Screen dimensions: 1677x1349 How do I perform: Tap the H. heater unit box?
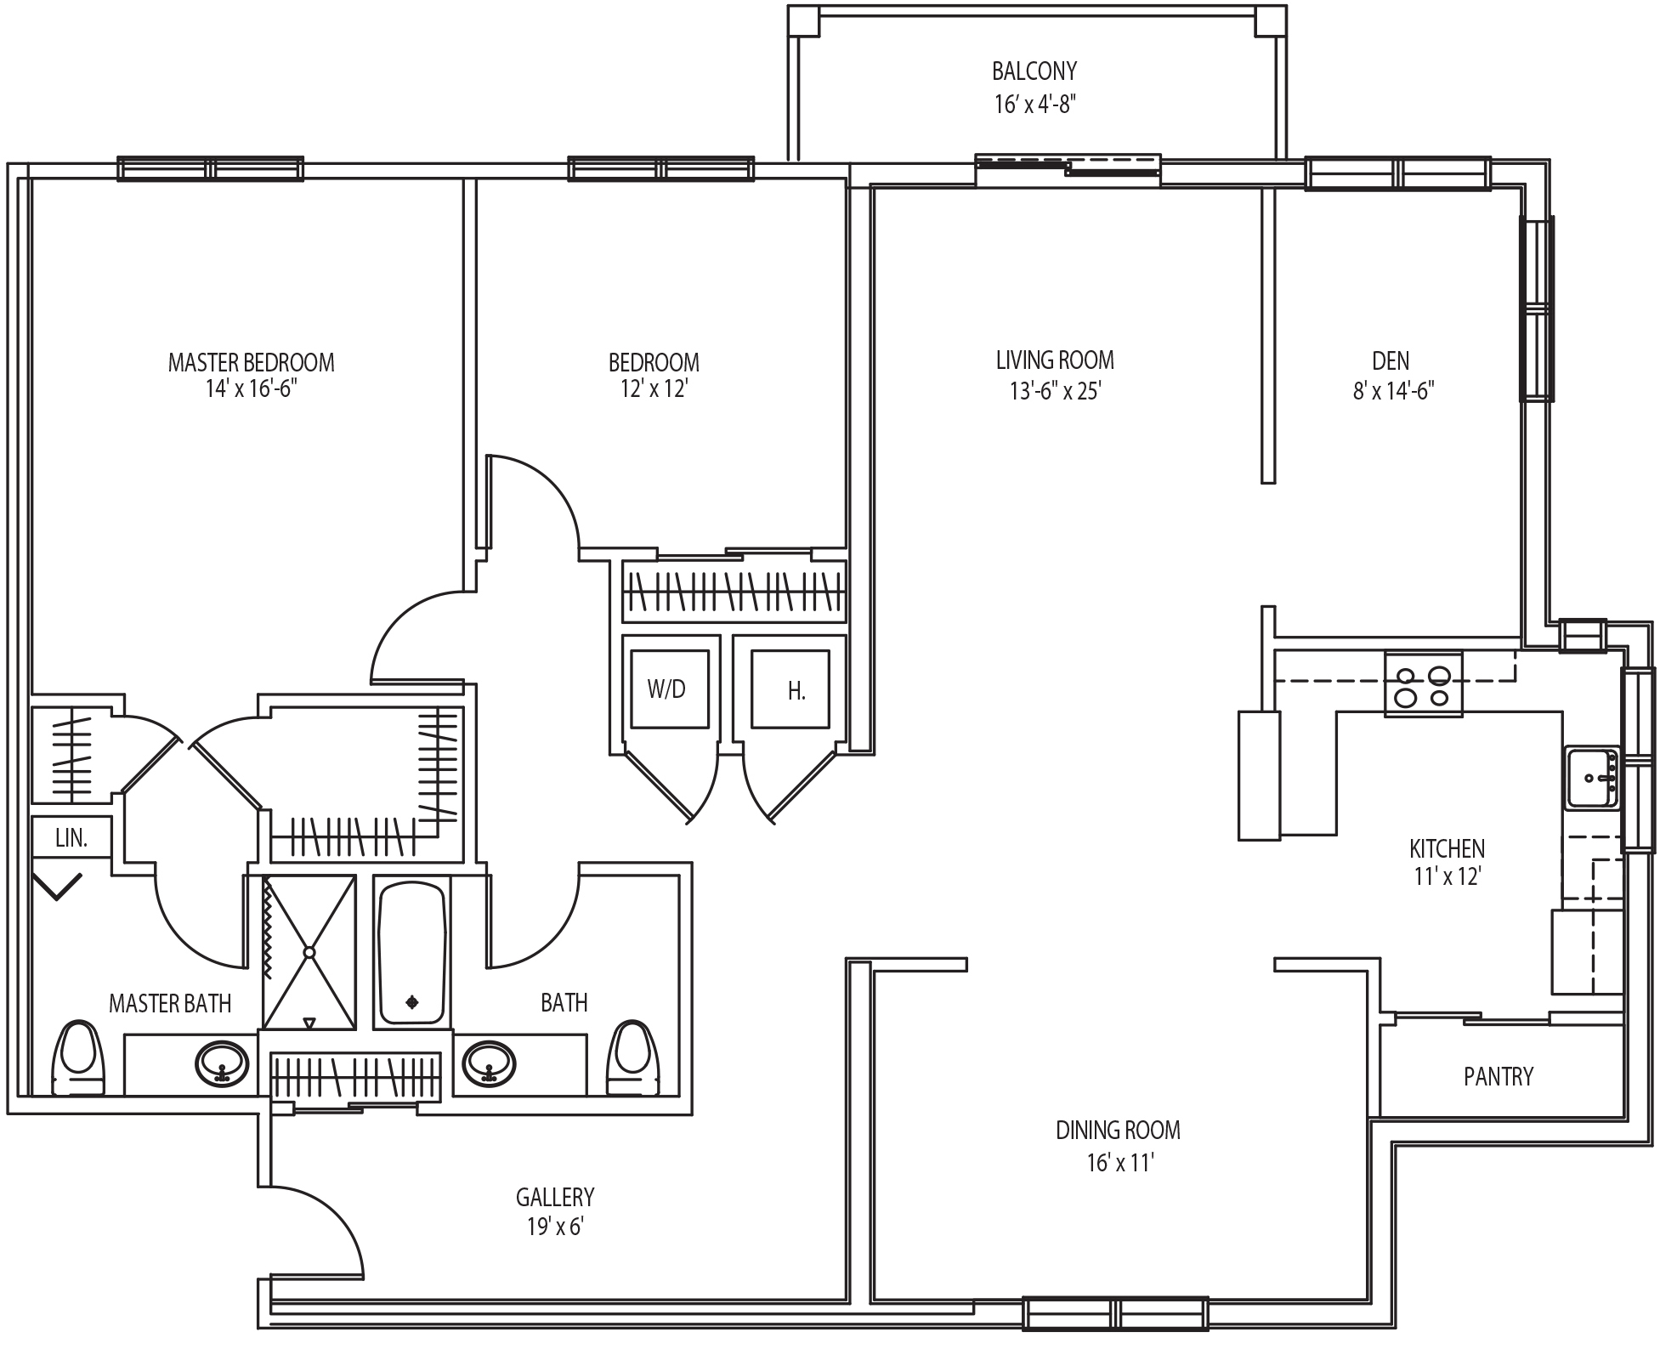click(790, 689)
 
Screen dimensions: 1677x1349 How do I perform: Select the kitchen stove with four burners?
click(1424, 684)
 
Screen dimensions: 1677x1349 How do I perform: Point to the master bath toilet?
click(78, 1057)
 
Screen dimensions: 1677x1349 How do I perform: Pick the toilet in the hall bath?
click(633, 1057)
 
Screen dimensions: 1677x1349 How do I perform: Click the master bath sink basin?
click(223, 1063)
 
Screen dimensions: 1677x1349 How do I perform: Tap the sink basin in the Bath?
click(489, 1063)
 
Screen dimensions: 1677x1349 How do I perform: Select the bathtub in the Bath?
click(412, 953)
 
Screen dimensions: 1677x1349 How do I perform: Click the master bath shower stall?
click(309, 952)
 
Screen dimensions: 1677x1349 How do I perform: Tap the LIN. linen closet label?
click(71, 838)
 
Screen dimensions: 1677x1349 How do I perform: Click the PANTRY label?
click(1499, 1077)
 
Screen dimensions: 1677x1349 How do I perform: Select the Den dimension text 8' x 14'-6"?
click(1394, 391)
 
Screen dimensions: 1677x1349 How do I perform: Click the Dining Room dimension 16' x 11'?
click(1119, 1162)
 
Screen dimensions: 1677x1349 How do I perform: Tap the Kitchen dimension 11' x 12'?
click(1448, 876)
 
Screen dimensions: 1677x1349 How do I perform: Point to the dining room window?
click(1115, 1313)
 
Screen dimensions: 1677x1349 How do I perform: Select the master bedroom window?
click(210, 168)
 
